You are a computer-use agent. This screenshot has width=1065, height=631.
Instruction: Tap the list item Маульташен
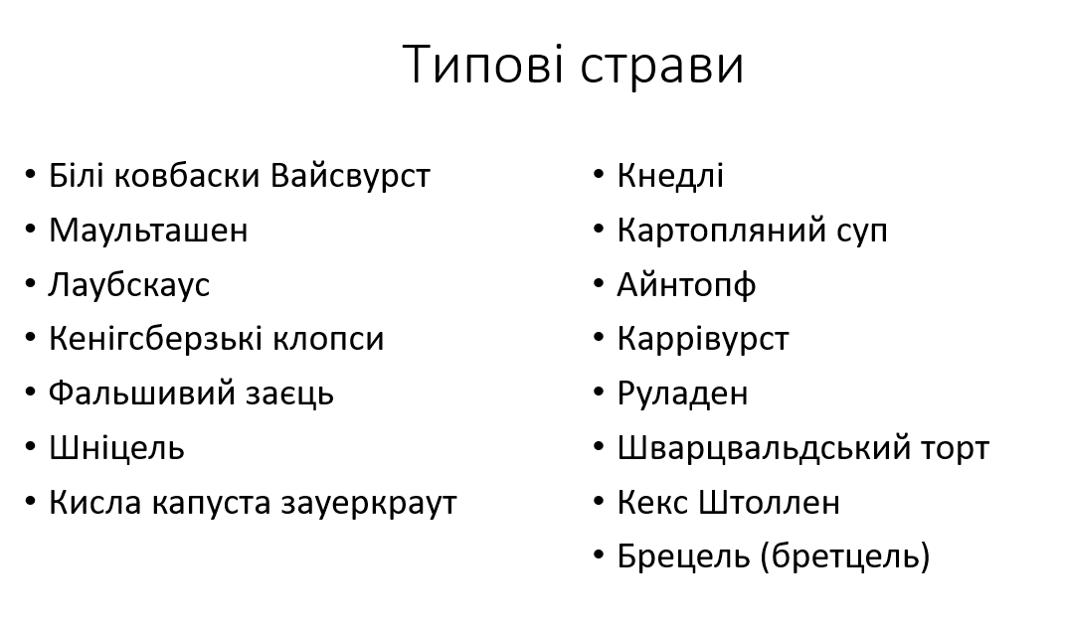148,231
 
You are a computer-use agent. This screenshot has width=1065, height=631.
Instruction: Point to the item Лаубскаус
129,285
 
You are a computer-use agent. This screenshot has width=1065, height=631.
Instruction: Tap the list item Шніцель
116,448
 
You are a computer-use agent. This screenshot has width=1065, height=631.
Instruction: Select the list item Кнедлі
670,176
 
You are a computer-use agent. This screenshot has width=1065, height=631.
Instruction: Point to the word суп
858,231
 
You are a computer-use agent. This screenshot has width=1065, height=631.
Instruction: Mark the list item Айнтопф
686,285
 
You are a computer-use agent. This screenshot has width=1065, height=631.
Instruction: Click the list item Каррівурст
703,339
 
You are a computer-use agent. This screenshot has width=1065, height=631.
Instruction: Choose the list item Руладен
682,394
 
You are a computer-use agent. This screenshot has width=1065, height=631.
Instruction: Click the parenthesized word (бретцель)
844,556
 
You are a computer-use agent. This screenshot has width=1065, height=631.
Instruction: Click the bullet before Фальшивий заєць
31,393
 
